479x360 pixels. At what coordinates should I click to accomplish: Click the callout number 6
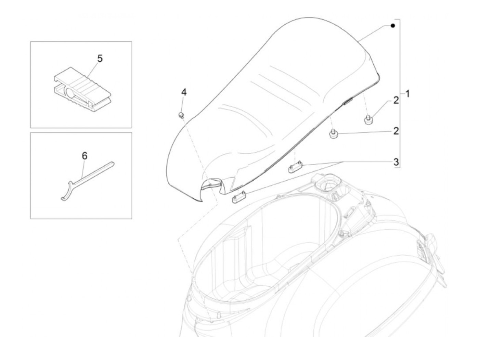[x=85, y=156]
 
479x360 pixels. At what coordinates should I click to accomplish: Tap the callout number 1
[x=407, y=93]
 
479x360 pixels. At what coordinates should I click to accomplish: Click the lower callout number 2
[x=396, y=131]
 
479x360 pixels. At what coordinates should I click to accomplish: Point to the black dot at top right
[x=393, y=26]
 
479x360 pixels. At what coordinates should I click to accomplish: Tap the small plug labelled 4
[x=182, y=115]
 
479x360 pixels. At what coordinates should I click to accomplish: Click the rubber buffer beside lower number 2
[x=334, y=134]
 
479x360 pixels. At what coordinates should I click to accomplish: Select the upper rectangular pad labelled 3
[x=295, y=168]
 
